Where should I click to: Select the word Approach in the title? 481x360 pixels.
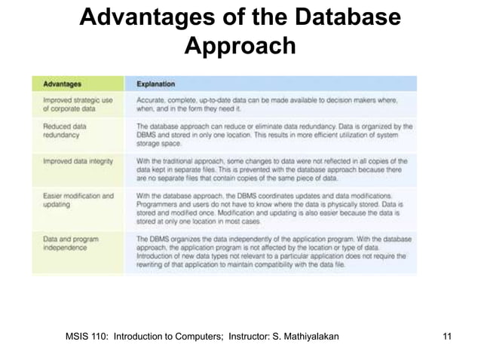point(240,47)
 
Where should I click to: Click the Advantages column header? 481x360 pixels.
point(63,84)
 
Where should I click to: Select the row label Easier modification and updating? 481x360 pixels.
point(78,201)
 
